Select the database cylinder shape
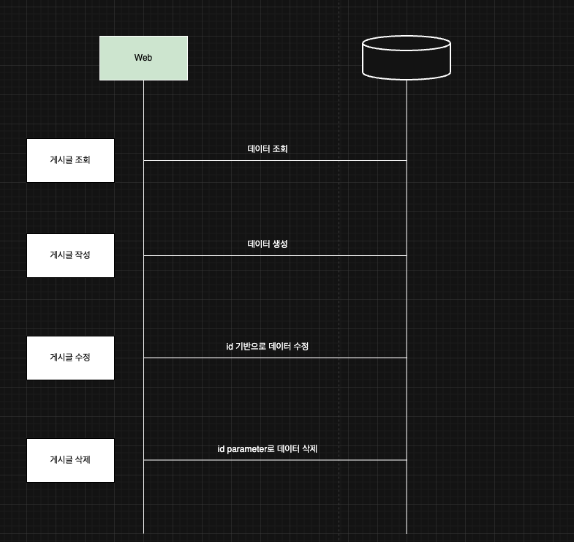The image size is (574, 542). [x=407, y=57]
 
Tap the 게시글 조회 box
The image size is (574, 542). [x=70, y=160]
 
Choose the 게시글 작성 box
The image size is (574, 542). [x=70, y=255]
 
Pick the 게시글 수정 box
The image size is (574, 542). [x=70, y=358]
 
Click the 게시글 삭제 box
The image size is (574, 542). [x=70, y=460]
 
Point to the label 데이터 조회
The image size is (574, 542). [x=268, y=148]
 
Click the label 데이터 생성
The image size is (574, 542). [x=268, y=244]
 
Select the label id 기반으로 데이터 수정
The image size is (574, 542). [x=268, y=346]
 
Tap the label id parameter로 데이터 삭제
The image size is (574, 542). [x=268, y=448]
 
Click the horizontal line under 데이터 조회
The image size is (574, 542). [x=275, y=160]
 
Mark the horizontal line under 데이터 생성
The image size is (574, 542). [x=275, y=255]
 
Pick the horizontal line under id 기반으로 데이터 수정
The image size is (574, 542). [x=275, y=358]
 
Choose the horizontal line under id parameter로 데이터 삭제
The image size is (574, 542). [x=275, y=460]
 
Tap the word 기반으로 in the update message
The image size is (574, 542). [x=250, y=346]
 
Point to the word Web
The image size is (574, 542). [x=143, y=58]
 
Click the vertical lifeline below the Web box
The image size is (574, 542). [x=143, y=307]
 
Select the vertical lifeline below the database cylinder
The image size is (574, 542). [x=407, y=307]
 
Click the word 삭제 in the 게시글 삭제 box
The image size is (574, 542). [x=82, y=460]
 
